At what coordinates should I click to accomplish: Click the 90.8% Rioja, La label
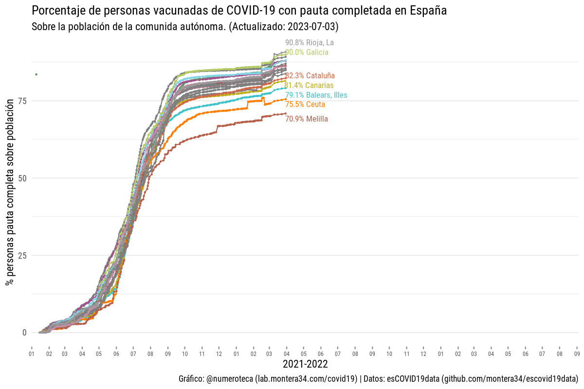click(x=310, y=43)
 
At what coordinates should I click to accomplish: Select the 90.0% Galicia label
click(x=307, y=53)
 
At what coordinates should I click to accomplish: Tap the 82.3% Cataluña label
click(x=310, y=76)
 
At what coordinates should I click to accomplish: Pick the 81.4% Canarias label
click(x=309, y=86)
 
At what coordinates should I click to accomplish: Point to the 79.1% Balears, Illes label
click(x=316, y=95)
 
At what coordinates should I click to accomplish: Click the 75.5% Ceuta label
click(x=305, y=105)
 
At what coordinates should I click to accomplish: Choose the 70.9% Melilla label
click(x=307, y=119)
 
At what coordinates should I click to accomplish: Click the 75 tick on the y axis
click(x=22, y=101)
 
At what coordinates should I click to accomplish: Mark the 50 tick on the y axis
click(x=22, y=178)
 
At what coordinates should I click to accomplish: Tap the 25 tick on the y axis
click(x=22, y=255)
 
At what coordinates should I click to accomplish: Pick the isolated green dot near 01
click(x=36, y=74)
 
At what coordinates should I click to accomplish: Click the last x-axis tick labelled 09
click(x=577, y=354)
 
